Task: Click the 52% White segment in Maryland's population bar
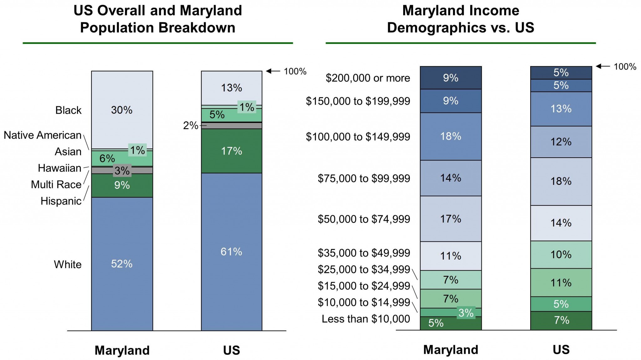[122, 264]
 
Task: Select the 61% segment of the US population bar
[231, 251]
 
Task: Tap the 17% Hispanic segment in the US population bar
[231, 151]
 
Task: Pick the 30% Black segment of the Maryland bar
[122, 110]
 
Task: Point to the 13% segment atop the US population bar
[231, 88]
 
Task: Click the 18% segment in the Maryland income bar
[451, 136]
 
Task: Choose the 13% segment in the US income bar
[561, 109]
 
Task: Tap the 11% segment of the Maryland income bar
[451, 256]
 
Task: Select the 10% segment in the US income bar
[561, 255]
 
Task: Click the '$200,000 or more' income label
[368, 78]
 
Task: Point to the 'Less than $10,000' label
[366, 319]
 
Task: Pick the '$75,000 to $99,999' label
[364, 178]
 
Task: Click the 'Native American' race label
[43, 135]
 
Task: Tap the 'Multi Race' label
[56, 185]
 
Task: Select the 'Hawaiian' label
[59, 168]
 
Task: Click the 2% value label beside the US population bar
[190, 125]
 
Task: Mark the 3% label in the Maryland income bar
[466, 313]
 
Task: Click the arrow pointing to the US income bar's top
[603, 66]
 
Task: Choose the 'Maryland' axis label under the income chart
[451, 350]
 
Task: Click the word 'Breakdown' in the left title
[197, 28]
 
